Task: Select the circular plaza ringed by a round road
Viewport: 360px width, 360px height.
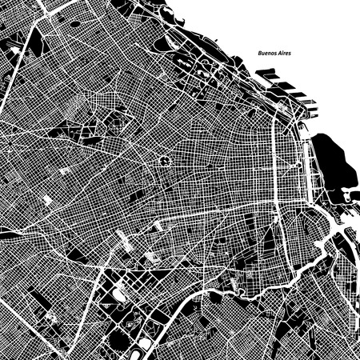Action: (165, 161)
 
